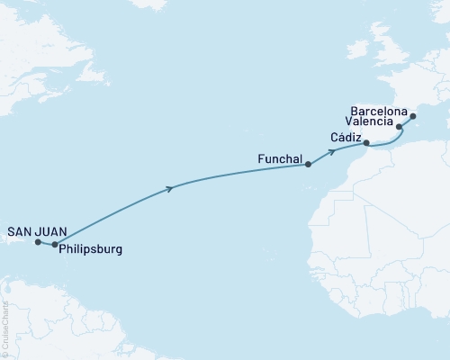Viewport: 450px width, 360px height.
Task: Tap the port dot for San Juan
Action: pos(37,242)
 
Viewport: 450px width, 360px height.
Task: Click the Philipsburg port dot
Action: pos(55,244)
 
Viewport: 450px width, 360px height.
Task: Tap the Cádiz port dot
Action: pos(365,143)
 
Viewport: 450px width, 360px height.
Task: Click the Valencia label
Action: pos(371,120)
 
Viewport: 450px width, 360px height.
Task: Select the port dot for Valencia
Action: pos(399,128)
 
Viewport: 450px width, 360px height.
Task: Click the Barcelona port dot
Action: pos(413,116)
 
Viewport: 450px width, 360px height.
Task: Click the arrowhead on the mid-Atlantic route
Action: pos(170,188)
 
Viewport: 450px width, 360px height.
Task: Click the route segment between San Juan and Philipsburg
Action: pos(46,243)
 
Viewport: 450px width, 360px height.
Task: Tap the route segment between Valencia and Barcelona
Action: pos(406,121)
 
